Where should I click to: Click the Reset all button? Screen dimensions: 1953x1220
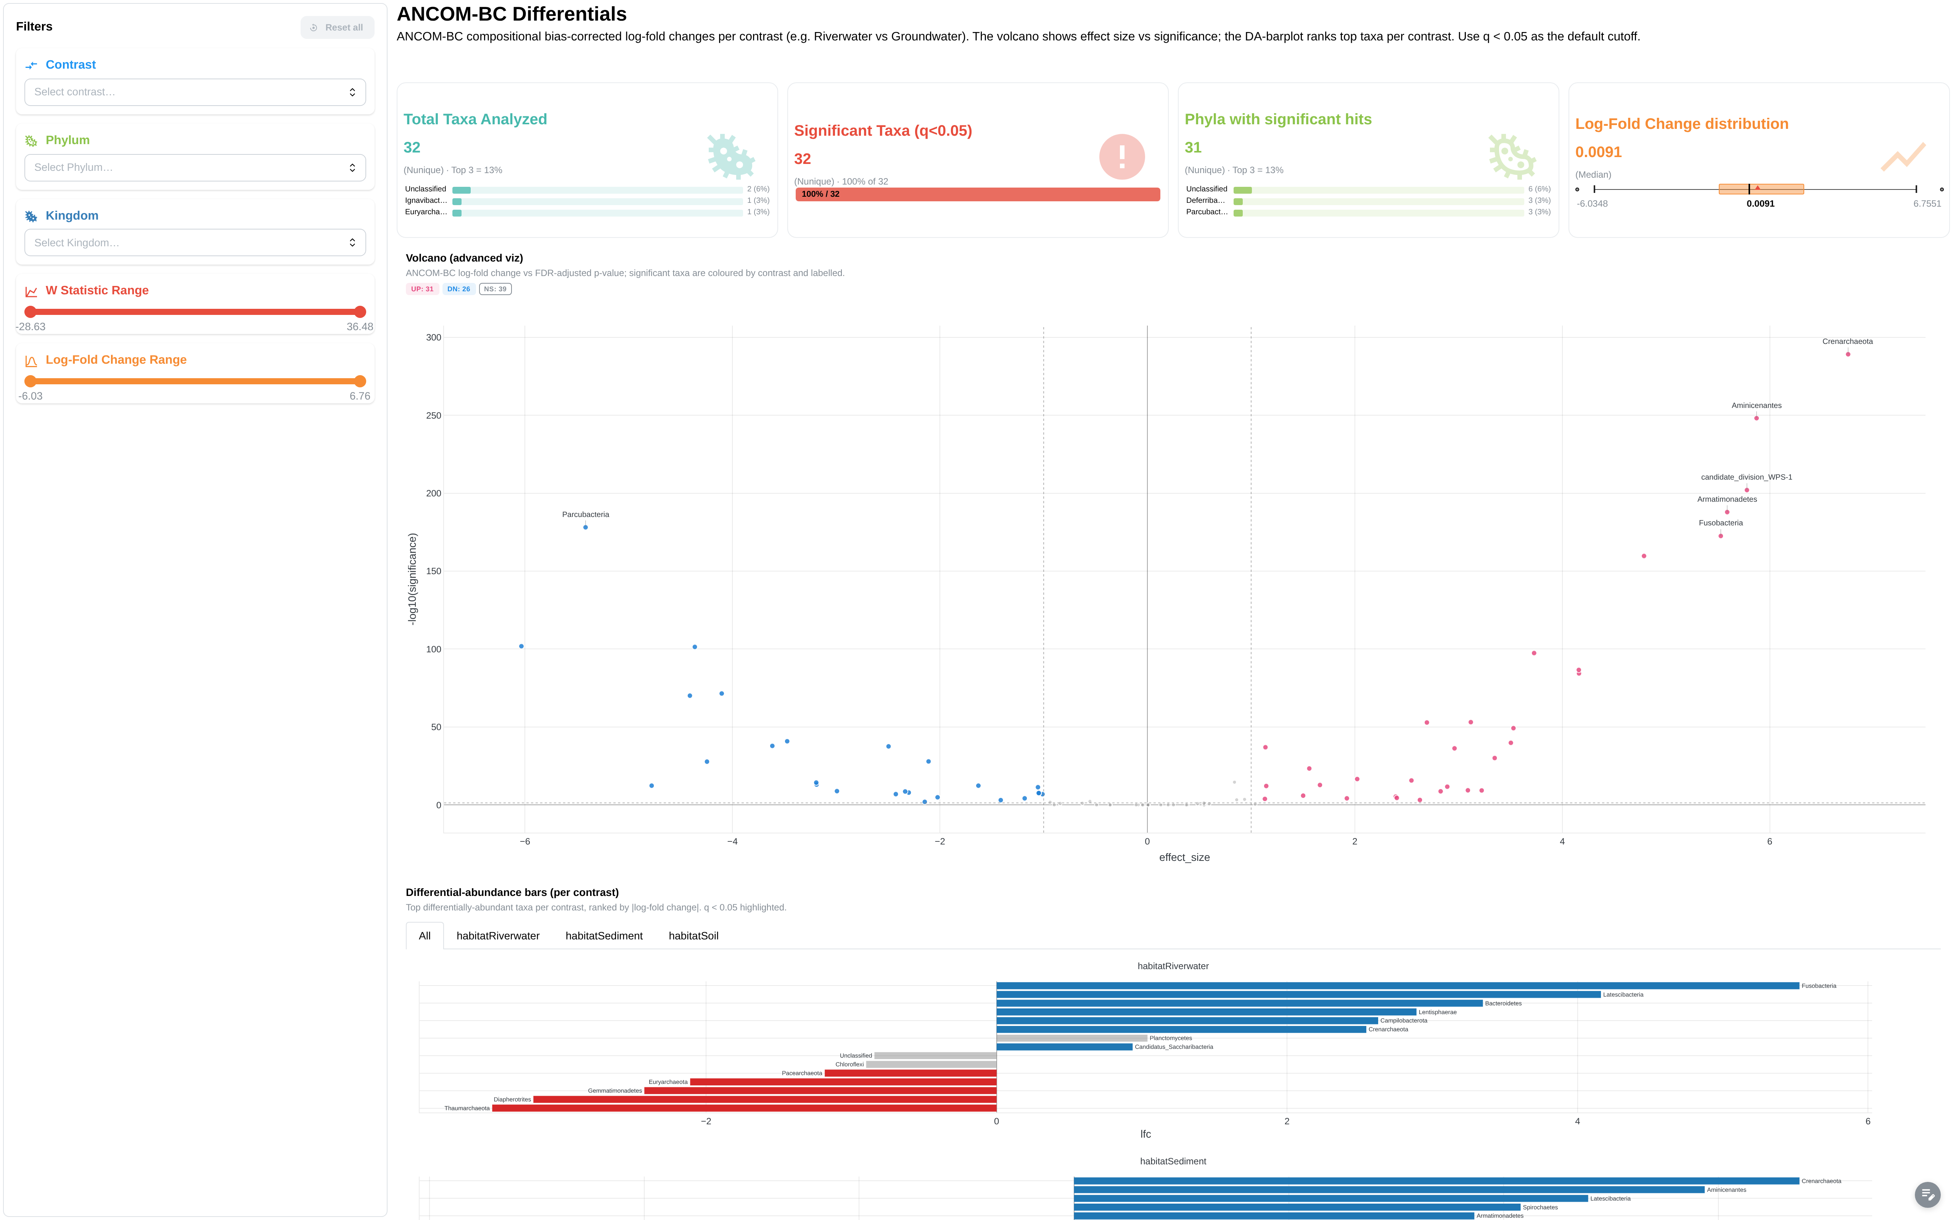coord(337,27)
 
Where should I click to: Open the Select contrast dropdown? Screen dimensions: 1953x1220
coord(195,92)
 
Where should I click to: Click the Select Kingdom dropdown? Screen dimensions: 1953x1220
coord(195,243)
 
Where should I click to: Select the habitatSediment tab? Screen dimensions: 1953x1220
coord(604,936)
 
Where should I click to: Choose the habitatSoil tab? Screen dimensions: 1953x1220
coord(693,936)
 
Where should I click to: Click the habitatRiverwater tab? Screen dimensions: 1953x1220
coord(498,936)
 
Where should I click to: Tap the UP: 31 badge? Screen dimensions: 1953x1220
coord(422,289)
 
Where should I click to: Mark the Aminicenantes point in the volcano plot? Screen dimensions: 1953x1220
coord(1756,418)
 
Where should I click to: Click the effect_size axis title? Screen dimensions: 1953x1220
coord(1184,858)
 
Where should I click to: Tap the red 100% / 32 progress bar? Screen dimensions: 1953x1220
coord(977,194)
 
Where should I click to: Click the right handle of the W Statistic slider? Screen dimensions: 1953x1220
coord(360,311)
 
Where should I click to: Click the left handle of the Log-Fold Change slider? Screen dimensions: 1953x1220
coord(31,381)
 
